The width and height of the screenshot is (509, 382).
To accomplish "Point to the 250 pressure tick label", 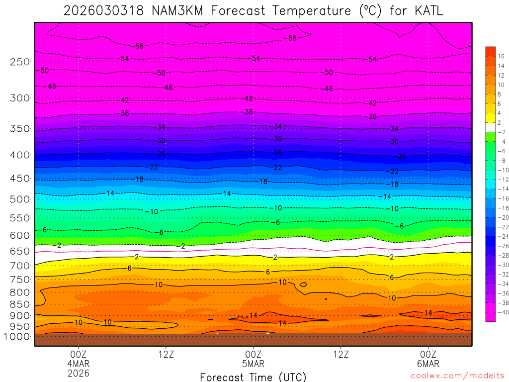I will point(20,62).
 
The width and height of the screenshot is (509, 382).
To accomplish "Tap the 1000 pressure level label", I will point(18,337).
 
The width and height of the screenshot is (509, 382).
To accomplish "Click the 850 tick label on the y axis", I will point(20,304).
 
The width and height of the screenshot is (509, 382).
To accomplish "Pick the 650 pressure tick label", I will point(20,252).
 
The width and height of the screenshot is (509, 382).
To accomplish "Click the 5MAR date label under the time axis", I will point(254,364).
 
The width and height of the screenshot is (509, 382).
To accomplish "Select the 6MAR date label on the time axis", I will point(428,364).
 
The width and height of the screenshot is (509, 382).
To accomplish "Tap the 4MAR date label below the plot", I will point(79,364).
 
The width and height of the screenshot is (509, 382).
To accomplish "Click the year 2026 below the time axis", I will point(79,373).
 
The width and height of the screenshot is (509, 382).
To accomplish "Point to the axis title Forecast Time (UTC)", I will point(253,377).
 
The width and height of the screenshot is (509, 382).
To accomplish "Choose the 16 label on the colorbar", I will point(501,56).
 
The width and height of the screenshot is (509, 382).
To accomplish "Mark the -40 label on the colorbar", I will point(501,312).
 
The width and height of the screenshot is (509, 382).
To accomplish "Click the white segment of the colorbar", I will point(490,127).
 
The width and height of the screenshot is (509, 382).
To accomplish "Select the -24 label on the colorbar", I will point(501,236).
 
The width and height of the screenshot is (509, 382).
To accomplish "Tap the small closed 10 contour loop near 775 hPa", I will point(303,285).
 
